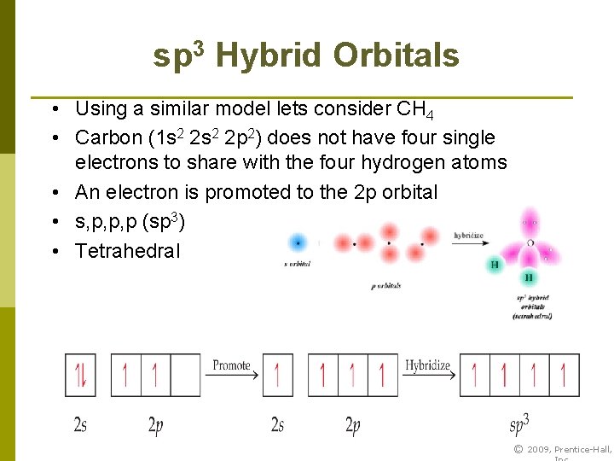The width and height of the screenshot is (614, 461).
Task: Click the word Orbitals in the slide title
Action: click(x=397, y=56)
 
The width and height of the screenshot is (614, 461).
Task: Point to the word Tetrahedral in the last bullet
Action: click(x=128, y=251)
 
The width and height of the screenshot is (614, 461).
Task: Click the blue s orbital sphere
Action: click(x=298, y=242)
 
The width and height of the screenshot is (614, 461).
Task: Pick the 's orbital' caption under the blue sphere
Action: click(x=297, y=265)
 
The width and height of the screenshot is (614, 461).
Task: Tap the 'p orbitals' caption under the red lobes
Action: click(x=385, y=286)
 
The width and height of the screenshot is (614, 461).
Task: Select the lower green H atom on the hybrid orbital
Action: click(x=529, y=278)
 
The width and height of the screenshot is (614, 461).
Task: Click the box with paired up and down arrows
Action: click(x=80, y=375)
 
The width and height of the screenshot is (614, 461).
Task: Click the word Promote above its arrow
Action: click(x=232, y=365)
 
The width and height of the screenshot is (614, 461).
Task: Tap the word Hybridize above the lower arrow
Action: click(x=427, y=365)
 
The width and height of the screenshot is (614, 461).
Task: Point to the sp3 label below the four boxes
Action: click(x=519, y=423)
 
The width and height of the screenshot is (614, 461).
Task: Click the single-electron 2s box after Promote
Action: click(x=277, y=375)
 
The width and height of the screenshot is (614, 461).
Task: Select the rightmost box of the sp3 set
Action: click(x=564, y=375)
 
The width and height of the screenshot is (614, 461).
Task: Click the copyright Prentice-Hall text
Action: click(x=563, y=450)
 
